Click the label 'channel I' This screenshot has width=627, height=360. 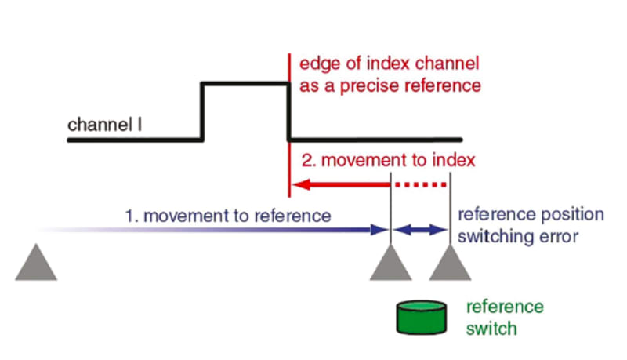point(104,125)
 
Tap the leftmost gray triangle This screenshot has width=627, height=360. point(36,264)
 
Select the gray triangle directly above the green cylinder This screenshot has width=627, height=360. point(390,264)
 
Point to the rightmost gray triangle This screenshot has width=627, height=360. point(450,264)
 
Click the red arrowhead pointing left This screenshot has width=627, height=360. point(299,186)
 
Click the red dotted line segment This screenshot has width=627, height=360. point(419,186)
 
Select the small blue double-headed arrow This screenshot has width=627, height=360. point(420,230)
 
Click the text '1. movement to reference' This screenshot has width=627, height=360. point(228,214)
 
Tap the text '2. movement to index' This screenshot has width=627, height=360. point(388,160)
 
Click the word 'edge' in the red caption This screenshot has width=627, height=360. point(317,64)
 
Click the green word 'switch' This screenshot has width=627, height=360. point(491,328)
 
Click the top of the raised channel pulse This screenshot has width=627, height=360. point(246,82)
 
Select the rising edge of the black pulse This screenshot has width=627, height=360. point(204,111)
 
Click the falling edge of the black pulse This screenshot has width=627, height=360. point(290,111)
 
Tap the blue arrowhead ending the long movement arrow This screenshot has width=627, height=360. point(382,230)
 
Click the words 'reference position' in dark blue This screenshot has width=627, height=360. point(531,214)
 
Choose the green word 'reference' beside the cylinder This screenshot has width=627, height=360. point(505,307)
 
